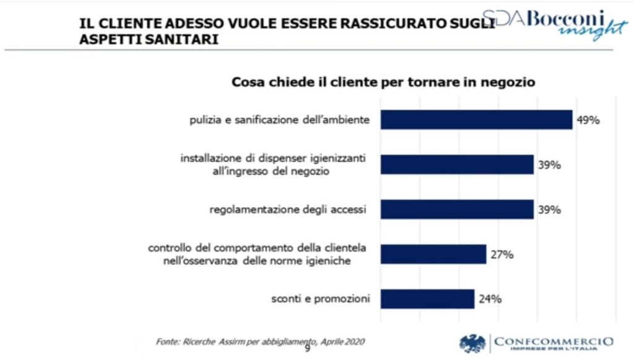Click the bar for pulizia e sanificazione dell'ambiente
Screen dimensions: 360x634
tap(476, 120)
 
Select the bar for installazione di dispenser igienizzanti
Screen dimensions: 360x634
tap(457, 164)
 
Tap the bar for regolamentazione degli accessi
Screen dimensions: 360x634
tap(457, 209)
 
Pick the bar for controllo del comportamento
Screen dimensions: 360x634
tap(433, 254)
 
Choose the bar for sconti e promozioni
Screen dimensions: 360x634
tap(427, 299)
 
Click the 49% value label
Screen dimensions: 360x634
tap(588, 120)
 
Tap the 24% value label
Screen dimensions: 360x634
tap(490, 299)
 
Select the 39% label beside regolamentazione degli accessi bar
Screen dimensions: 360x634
tap(549, 210)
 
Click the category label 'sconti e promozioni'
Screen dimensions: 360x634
tap(321, 299)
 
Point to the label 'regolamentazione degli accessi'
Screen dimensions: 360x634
tap(289, 210)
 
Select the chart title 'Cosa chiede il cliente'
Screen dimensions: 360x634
tap(383, 82)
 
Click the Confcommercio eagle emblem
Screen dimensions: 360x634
tap(472, 343)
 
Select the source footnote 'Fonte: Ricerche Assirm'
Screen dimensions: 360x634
tap(260, 341)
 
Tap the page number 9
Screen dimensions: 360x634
tap(307, 348)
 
